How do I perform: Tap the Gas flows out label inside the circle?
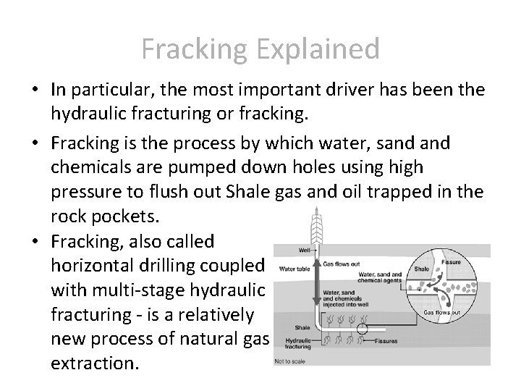click(x=441, y=313)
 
